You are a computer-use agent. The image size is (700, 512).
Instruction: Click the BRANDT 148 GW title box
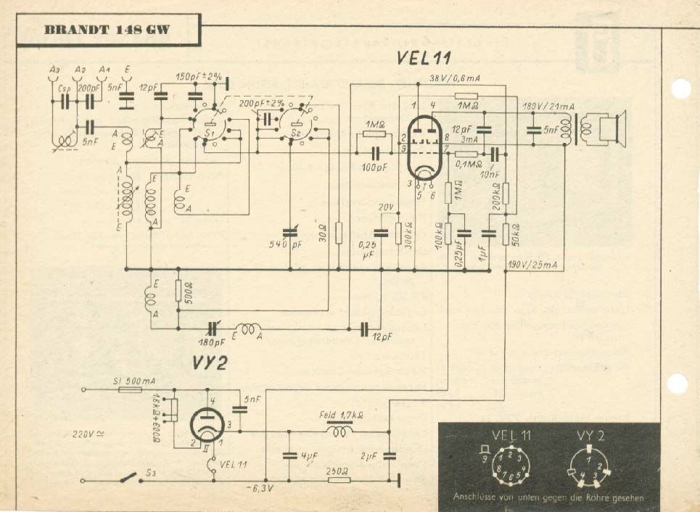point(107,31)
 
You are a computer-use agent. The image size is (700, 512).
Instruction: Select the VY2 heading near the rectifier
point(210,363)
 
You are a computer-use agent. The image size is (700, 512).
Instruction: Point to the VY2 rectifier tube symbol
point(205,424)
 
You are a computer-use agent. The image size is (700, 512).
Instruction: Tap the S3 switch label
point(152,473)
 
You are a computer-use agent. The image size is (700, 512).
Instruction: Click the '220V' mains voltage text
point(88,434)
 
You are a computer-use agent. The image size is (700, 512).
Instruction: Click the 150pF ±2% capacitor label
point(198,75)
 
